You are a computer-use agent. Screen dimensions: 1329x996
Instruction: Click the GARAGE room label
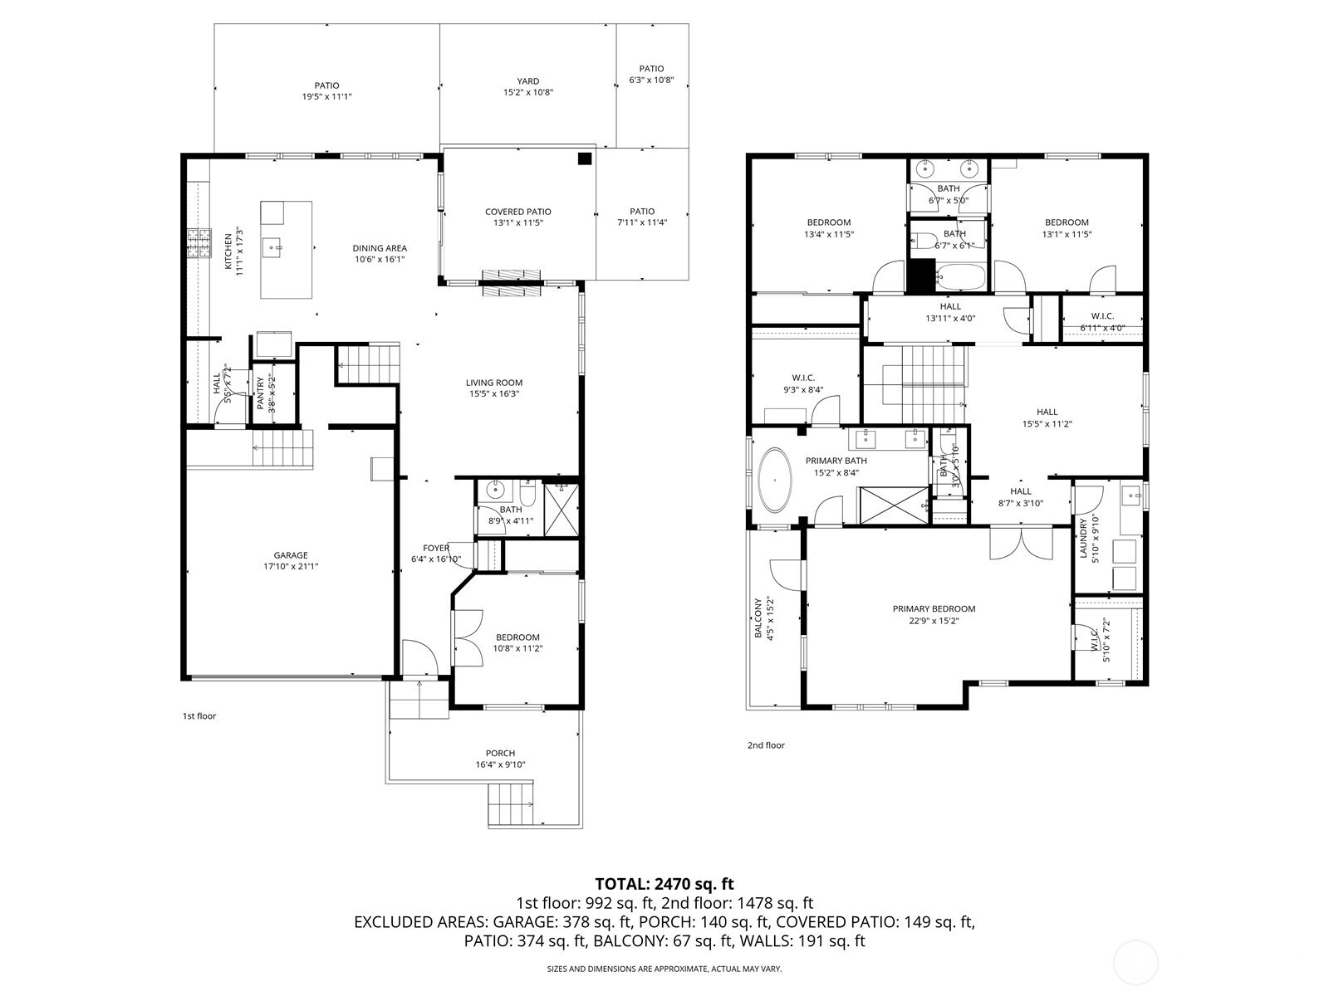(x=291, y=555)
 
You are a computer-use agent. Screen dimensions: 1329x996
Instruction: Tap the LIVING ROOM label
(x=494, y=382)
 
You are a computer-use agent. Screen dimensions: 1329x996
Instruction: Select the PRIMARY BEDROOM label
(x=934, y=609)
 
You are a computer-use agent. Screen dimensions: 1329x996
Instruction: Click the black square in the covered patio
(x=584, y=159)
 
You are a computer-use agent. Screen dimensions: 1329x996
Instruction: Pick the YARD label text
(x=528, y=81)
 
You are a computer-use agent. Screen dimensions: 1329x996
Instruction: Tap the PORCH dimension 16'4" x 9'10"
(x=500, y=764)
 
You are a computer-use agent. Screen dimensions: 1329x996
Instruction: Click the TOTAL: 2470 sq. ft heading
(x=664, y=883)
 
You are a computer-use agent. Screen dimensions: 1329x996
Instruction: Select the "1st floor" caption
(x=199, y=716)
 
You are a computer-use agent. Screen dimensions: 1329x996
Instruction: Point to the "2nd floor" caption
(x=766, y=745)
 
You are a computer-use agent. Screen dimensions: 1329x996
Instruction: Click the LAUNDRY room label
(x=1084, y=538)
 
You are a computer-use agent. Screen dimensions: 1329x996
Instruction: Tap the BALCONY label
(x=758, y=618)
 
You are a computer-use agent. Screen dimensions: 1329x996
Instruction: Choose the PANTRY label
(x=260, y=393)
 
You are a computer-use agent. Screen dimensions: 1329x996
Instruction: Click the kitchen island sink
(x=272, y=247)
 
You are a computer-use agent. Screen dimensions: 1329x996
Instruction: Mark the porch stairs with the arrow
(x=512, y=803)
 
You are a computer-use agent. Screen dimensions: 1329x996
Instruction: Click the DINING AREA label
(x=380, y=248)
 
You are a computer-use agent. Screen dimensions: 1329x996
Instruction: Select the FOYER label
(x=436, y=548)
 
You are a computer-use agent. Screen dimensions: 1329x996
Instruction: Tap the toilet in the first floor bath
(x=528, y=493)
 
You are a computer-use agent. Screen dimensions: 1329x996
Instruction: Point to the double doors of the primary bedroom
(x=1022, y=544)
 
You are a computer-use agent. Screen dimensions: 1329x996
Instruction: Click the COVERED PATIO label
(x=518, y=212)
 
